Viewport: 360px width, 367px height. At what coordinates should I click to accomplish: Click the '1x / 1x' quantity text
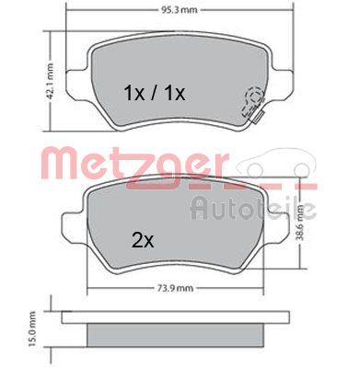pos(155,93)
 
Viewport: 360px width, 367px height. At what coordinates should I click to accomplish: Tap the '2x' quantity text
pos(142,242)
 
